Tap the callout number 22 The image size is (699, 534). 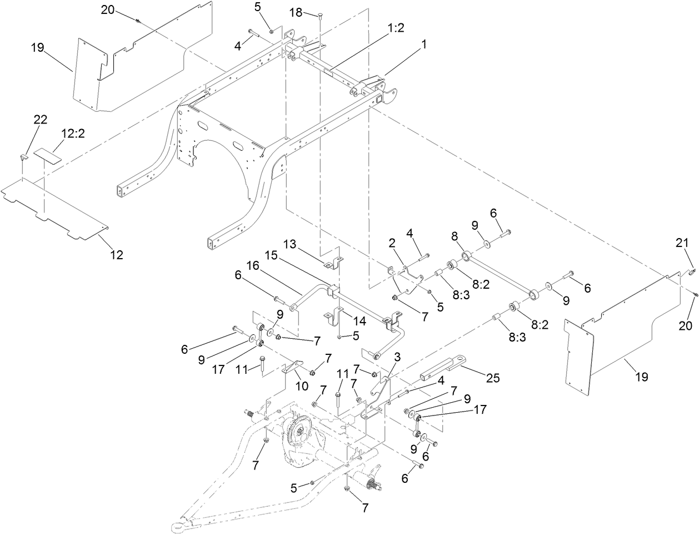pyautogui.click(x=41, y=119)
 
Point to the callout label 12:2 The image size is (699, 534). pyautogui.click(x=73, y=135)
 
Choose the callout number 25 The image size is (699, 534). pyautogui.click(x=492, y=378)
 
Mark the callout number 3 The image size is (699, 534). pyautogui.click(x=397, y=356)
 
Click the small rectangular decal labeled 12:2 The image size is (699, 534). pyautogui.click(x=47, y=155)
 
